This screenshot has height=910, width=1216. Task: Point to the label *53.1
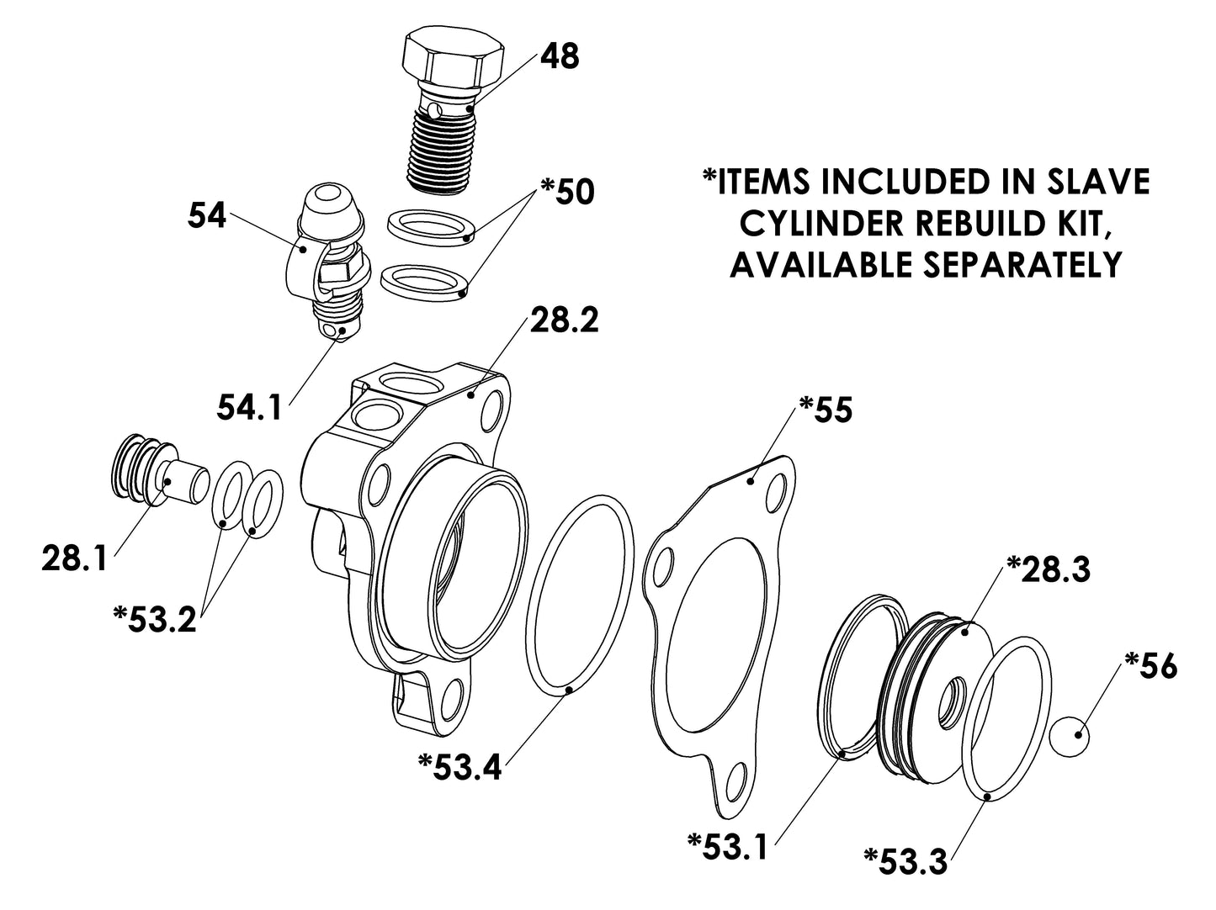[728, 846]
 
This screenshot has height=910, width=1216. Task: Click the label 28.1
[74, 558]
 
